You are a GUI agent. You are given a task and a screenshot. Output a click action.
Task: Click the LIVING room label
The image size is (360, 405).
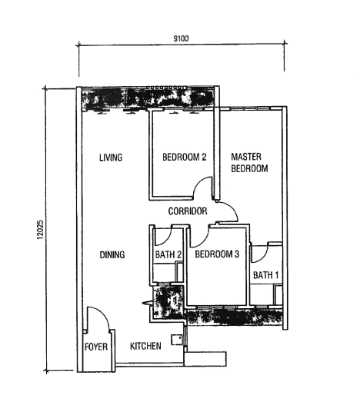point(111,158)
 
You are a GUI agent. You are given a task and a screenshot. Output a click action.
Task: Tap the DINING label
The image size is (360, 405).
point(112,254)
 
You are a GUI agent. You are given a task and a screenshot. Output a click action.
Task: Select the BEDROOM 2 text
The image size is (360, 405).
point(185,158)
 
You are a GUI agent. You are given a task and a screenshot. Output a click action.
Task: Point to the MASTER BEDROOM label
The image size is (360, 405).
point(249,163)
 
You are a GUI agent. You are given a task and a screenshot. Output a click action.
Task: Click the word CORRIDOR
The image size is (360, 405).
point(188,211)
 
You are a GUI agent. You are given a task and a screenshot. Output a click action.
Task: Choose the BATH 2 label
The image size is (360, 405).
point(168,254)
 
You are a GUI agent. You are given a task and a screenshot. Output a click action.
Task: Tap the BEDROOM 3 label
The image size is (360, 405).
point(217,254)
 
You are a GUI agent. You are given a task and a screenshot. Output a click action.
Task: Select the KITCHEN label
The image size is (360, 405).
point(145,347)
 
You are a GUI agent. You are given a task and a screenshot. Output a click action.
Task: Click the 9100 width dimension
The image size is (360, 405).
point(182,38)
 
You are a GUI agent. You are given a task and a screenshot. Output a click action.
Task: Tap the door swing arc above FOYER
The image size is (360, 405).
point(95,318)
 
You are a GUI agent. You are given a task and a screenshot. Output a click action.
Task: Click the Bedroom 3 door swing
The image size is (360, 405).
point(199,235)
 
